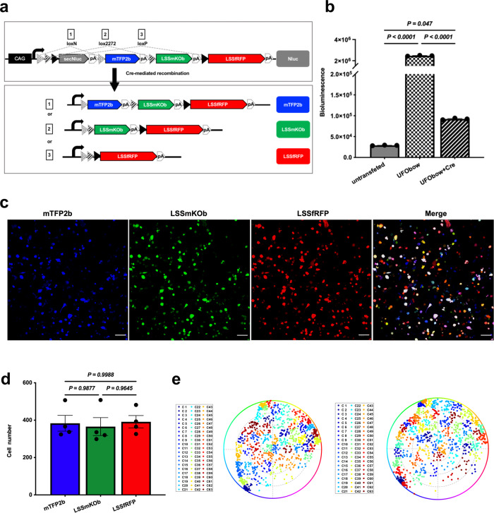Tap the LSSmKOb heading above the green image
(188, 208)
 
